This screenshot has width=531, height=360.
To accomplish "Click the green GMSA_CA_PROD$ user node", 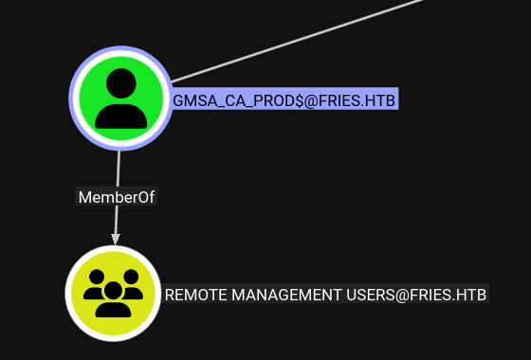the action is [x=121, y=99].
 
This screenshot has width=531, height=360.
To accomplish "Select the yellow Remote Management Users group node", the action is [x=113, y=294].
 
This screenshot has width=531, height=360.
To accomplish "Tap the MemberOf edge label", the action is [x=116, y=197].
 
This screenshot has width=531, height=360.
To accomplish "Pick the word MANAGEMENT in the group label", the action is [x=286, y=295].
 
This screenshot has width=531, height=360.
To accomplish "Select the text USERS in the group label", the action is [x=370, y=295].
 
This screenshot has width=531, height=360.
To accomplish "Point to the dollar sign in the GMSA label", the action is [x=300, y=100].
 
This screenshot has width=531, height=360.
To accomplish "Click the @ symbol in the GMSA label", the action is [x=311, y=100].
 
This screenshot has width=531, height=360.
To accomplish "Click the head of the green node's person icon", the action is [x=121, y=83].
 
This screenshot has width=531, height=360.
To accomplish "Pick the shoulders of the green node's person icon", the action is [x=121, y=117].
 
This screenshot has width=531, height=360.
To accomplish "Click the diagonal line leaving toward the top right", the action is [x=298, y=41].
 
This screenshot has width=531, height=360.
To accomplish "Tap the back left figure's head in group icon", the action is [x=97, y=277].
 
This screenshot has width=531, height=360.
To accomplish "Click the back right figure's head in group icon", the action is [x=131, y=277].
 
